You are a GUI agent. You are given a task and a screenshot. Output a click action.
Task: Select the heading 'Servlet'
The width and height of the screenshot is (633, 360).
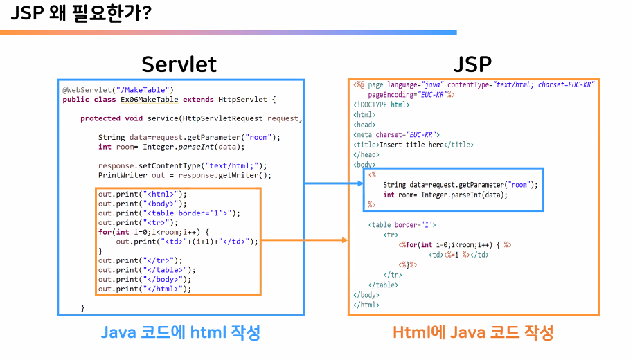179,64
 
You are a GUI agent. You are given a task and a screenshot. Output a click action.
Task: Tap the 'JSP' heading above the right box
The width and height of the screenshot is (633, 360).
472,64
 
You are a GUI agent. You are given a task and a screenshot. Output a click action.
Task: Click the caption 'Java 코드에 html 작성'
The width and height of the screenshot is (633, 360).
181,332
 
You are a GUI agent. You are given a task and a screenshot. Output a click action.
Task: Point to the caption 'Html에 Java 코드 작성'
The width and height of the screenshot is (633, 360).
473,332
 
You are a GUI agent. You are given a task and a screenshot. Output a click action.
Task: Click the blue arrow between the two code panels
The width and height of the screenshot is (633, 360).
334,183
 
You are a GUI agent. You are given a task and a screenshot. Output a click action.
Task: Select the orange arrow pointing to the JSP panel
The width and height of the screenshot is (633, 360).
305,241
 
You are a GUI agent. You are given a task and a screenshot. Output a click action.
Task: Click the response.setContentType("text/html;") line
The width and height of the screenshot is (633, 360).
182,165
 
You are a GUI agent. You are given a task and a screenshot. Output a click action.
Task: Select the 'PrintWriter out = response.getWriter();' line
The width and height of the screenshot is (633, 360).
184,175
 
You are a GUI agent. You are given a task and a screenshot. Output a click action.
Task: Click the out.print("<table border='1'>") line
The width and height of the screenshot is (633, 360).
168,213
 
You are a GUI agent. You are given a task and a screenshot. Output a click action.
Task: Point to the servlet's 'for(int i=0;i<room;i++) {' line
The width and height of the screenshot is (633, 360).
153,232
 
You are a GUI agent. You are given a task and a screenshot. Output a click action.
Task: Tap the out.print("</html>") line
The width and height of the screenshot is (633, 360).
144,289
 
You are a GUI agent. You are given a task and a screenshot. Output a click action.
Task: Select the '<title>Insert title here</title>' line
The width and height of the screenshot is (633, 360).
413,145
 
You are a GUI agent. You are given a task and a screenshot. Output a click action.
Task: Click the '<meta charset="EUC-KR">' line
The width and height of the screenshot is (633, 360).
396,134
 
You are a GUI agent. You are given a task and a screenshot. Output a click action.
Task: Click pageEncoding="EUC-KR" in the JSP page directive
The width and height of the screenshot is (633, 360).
411,94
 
